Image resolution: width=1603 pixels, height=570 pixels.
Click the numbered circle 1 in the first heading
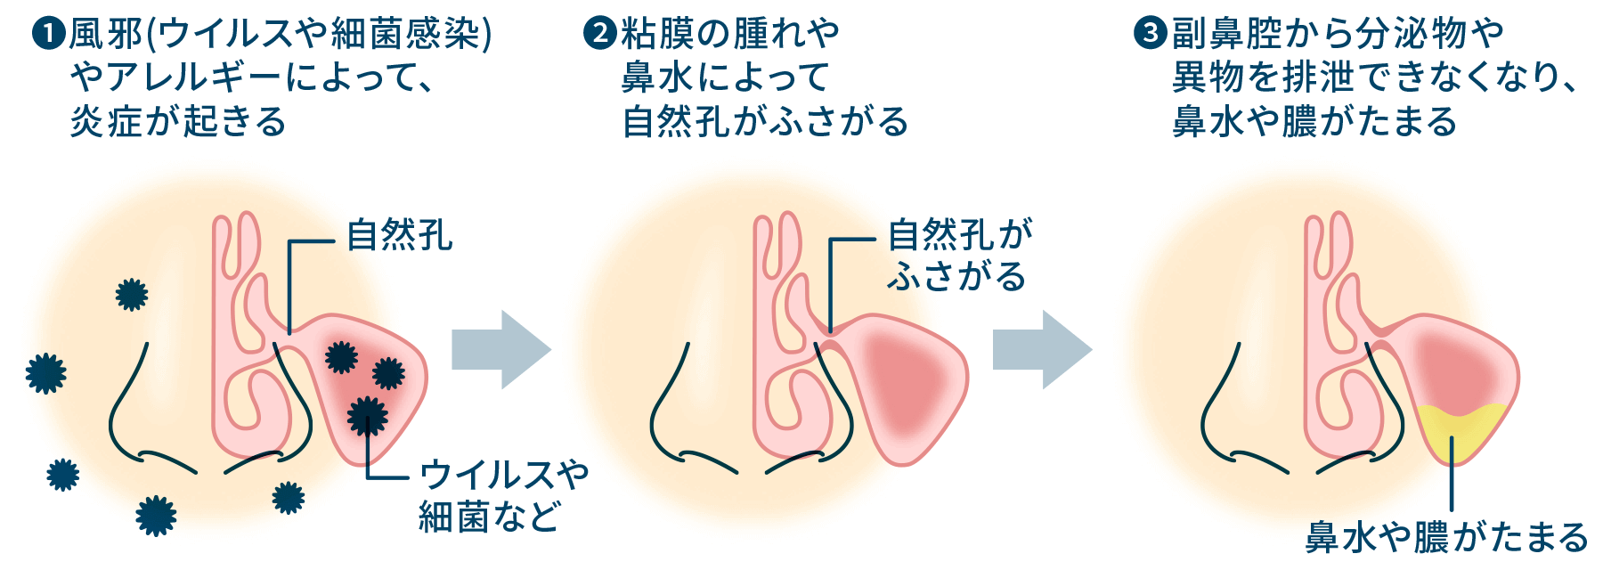coord(49,34)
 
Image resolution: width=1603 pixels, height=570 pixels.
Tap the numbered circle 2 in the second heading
coord(600,34)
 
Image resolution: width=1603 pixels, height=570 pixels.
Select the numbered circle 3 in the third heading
coord(1150,34)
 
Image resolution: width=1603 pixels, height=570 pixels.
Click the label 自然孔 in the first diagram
coord(399,236)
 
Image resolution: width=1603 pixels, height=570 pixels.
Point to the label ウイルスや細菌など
coord(503,495)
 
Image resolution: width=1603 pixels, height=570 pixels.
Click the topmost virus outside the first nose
coord(132,294)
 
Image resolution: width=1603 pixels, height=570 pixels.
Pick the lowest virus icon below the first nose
coord(156,516)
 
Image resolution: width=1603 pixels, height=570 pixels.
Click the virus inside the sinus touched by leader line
coord(367,416)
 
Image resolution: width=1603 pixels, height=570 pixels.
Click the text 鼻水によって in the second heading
coord(726,77)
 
